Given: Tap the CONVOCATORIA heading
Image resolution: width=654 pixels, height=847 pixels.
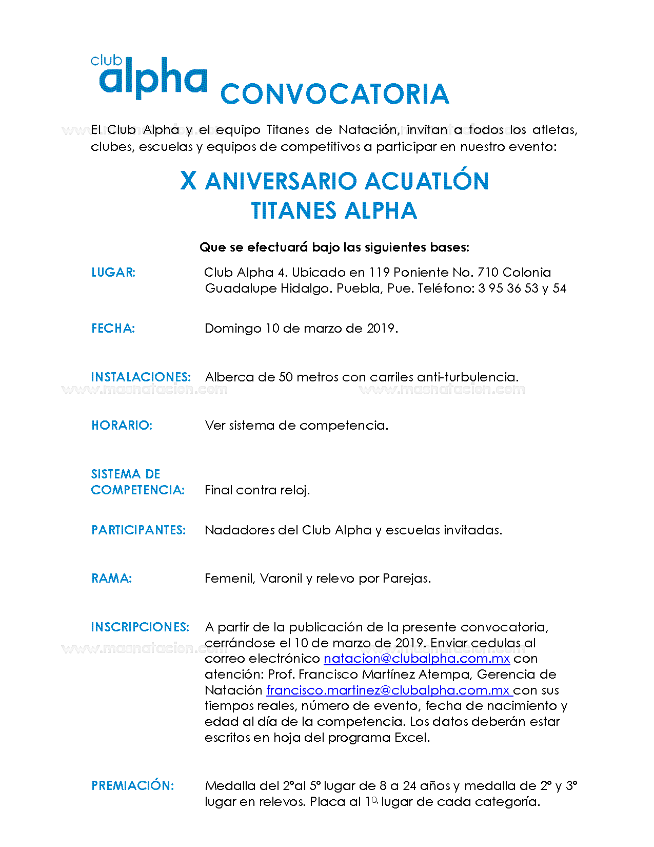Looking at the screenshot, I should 334,94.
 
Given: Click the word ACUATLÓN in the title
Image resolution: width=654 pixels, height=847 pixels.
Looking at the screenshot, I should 427,181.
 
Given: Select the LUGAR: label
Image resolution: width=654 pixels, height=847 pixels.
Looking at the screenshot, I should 113,273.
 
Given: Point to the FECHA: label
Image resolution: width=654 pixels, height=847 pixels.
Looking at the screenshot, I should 113,329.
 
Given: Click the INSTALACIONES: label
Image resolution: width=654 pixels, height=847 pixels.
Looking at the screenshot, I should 141,377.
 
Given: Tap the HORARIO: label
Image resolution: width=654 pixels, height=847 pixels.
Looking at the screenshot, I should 122,426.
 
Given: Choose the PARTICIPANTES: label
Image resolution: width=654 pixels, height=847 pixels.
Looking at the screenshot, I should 138,530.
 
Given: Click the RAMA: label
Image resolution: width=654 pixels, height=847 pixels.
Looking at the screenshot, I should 112,579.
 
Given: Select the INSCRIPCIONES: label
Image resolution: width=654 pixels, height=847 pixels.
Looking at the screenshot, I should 140,627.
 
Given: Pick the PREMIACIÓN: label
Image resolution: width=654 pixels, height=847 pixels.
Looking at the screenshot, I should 133,786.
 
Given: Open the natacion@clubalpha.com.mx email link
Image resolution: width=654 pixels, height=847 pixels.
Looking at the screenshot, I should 417,659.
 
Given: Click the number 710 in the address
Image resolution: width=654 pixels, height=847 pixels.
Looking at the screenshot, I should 488,273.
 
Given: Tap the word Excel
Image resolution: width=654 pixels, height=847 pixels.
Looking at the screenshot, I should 412,738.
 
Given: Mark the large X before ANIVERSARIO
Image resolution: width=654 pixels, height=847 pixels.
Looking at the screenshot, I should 189,181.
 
